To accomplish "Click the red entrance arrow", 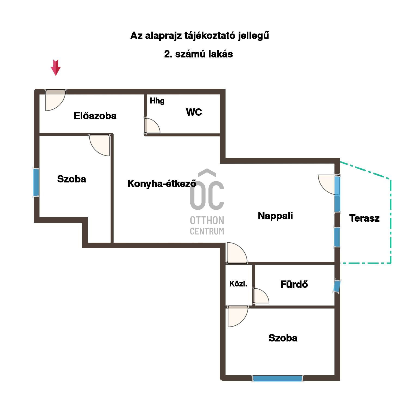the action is (x=56, y=68).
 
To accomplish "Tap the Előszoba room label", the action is (x=95, y=116).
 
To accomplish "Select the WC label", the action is (x=194, y=112).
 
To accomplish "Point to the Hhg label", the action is (x=157, y=101).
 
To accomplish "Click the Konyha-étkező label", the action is (x=162, y=184).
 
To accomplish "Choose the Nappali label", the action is (x=275, y=216).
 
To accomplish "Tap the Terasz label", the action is (x=364, y=218).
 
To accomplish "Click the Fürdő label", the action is (x=294, y=284).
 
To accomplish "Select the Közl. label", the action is (x=238, y=284).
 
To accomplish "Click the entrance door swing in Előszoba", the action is (x=55, y=100).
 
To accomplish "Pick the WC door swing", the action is (x=152, y=126).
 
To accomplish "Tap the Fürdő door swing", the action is (x=261, y=296).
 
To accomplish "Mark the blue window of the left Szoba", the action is (x=36, y=182).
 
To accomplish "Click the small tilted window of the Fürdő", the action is (x=337, y=286).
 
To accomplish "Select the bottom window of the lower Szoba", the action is (x=277, y=378).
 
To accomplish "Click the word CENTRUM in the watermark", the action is (x=207, y=231).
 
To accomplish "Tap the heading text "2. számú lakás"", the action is (x=199, y=54).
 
